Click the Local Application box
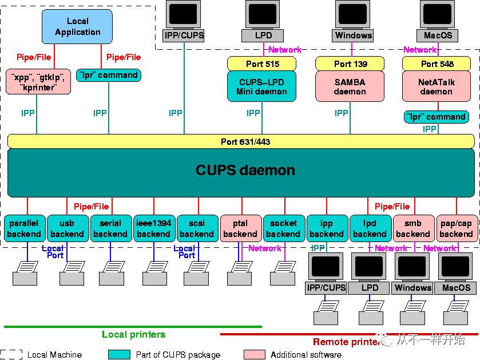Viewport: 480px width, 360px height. point(78,27)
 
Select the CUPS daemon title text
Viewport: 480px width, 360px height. point(245,170)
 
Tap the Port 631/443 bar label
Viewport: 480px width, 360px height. point(245,141)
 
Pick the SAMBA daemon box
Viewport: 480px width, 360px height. point(350,86)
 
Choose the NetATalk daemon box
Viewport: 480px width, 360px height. point(437,86)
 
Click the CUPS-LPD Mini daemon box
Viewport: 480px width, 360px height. point(261,86)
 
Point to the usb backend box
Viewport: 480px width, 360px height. point(67,228)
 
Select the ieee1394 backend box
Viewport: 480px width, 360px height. point(153,228)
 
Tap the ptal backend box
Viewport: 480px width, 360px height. point(240,228)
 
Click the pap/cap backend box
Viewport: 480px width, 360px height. point(456,228)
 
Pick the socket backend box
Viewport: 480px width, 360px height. point(283,228)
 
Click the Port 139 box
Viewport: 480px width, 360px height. point(350,64)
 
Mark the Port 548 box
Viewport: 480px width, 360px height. point(437,64)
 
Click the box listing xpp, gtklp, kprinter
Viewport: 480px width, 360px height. point(38,81)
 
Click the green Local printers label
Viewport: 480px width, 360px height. point(133,335)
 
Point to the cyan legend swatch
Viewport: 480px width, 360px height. point(119,355)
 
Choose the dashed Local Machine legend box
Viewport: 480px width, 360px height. point(11,355)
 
